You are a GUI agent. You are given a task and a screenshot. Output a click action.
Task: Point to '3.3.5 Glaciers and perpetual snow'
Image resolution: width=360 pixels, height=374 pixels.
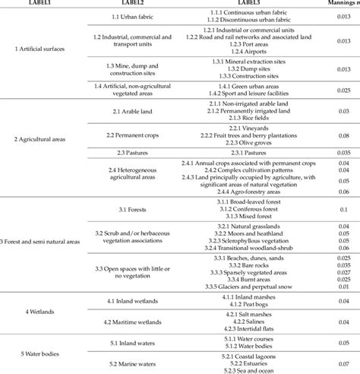click(x=253, y=290)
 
